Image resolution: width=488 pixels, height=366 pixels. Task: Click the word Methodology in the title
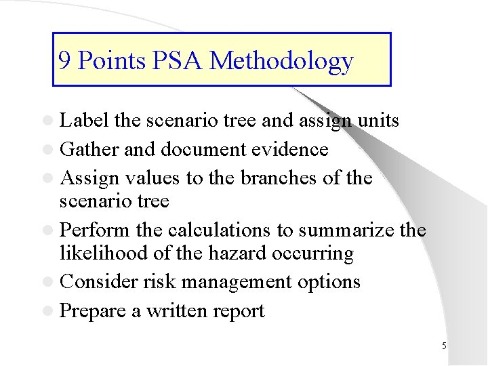coord(281,61)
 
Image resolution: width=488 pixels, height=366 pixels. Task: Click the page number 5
coord(444,346)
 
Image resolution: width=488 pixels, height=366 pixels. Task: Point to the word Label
coord(85,121)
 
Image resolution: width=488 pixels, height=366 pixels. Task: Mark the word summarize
coord(335,230)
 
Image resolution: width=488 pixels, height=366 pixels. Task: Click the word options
coord(330,282)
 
